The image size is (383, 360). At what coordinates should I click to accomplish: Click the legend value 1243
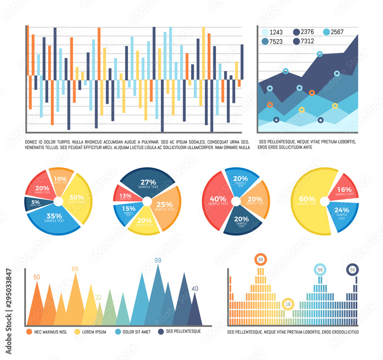(276, 32)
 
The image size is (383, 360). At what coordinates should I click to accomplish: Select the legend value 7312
(308, 41)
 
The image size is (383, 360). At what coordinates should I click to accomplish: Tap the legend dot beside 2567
(326, 32)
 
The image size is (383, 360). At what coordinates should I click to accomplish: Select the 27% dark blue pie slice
(148, 183)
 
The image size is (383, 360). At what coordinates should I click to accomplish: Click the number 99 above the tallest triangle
(158, 260)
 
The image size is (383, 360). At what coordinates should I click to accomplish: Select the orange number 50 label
(37, 277)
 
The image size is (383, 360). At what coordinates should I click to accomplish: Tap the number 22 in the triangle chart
(98, 298)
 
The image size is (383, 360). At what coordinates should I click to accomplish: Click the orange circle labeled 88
(261, 260)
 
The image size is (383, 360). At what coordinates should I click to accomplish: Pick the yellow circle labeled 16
(288, 304)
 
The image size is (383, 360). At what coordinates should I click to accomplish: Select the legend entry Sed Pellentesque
(183, 331)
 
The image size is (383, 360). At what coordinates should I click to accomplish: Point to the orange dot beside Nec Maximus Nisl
(29, 332)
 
